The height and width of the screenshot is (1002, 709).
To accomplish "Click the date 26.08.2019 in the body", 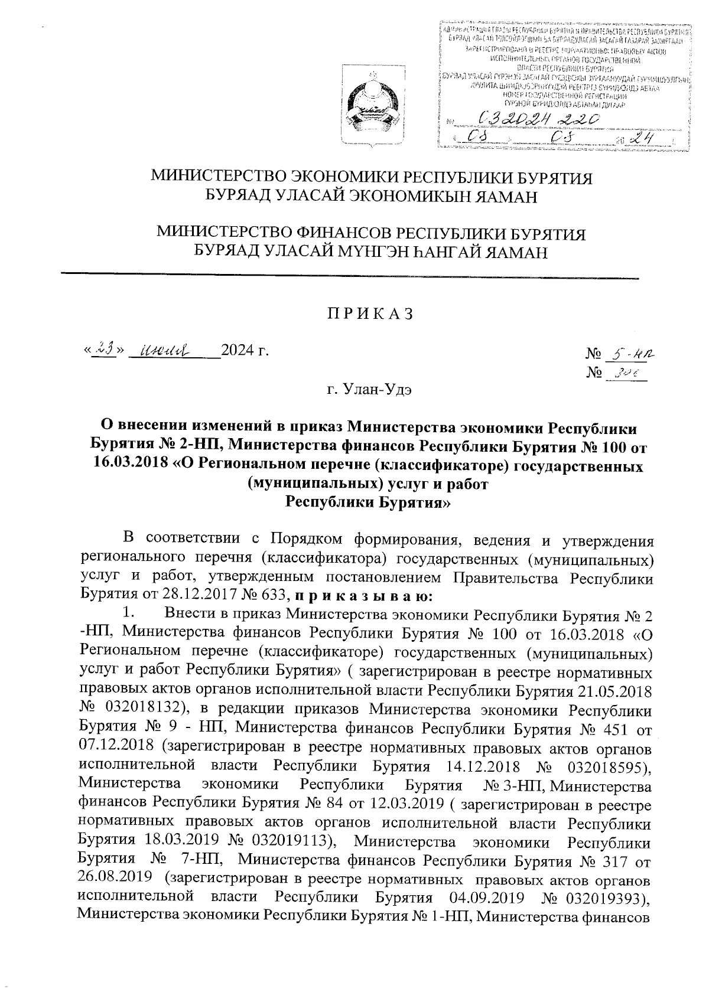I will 116,879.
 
